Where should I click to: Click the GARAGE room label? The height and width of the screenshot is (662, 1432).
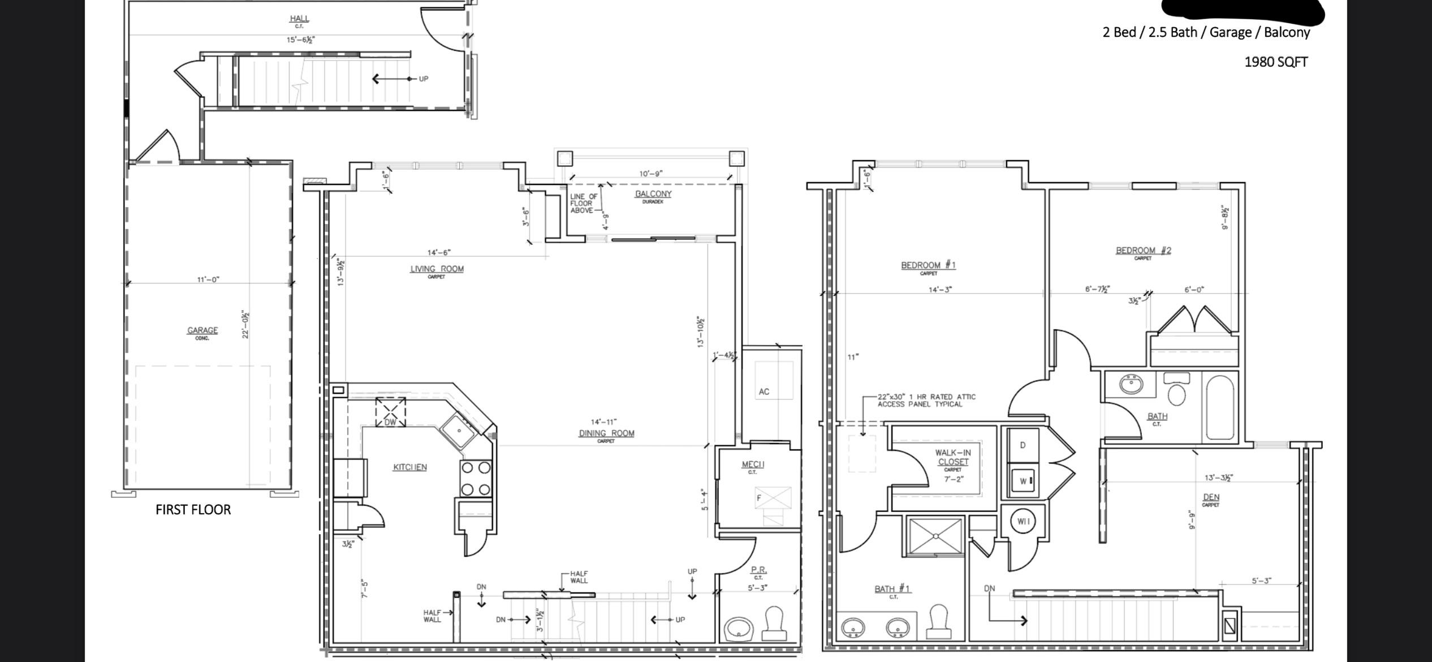tap(202, 330)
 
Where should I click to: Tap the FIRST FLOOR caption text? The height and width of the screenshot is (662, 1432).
tap(193, 510)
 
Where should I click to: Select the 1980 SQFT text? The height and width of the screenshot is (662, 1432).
tap(1276, 62)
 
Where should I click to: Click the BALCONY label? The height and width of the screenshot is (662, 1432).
tap(653, 194)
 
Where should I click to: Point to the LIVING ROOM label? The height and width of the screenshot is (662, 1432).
tap(437, 269)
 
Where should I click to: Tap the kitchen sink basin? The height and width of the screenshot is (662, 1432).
tap(459, 431)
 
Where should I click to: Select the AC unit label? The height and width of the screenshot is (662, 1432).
tap(764, 392)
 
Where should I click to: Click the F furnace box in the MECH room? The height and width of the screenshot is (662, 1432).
tap(772, 498)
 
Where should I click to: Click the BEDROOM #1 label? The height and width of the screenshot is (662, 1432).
tap(928, 265)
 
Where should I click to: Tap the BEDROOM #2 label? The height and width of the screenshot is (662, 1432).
tap(1143, 250)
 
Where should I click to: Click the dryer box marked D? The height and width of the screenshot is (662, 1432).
tap(1023, 445)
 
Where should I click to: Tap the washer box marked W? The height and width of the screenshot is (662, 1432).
tap(1023, 481)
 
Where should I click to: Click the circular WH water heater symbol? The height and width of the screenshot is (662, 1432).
tap(1023, 521)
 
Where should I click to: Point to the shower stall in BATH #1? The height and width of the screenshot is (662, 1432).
tap(935, 536)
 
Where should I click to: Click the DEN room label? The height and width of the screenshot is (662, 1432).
tap(1211, 497)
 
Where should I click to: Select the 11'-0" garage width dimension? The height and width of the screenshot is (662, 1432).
tap(208, 280)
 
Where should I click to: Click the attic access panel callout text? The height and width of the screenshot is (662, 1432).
tap(926, 401)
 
